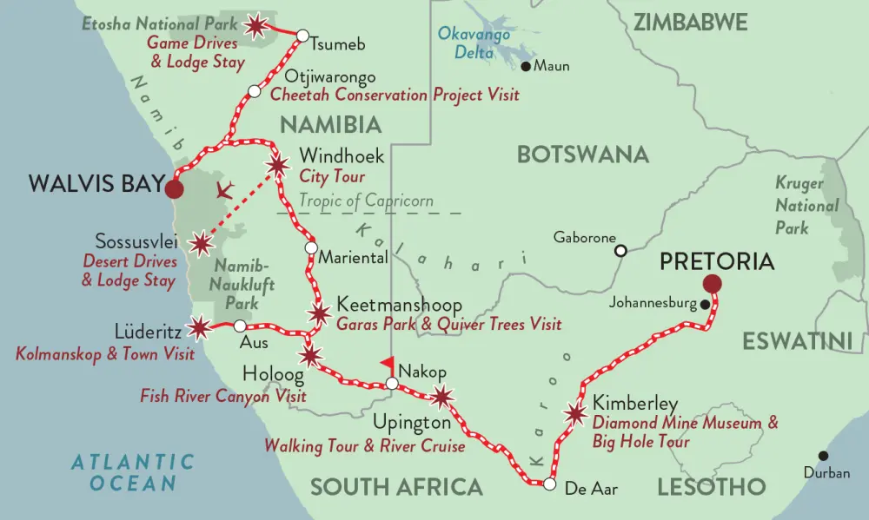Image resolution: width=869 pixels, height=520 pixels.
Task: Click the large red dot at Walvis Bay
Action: pos(175,188)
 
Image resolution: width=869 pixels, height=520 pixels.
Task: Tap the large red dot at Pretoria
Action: pos(713,283)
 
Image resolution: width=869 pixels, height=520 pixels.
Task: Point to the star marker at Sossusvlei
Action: pos(202,242)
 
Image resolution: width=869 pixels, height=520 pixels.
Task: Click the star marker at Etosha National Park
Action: pos(256,27)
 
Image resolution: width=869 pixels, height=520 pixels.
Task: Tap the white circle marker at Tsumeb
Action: pos(302,36)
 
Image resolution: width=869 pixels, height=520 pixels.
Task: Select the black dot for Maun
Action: pos(525,66)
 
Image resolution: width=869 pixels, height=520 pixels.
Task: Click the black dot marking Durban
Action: pos(823,456)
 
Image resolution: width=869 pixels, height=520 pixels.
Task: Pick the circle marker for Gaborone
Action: pos(620,251)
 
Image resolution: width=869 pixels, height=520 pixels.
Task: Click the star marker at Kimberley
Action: pos(574,414)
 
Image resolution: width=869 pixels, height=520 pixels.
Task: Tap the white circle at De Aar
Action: pos(549,484)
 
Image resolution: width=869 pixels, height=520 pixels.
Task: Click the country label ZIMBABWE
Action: pos(690,23)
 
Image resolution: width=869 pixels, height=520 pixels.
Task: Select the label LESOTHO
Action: pos(711,486)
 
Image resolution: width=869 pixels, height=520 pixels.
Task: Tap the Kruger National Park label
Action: pos(806,206)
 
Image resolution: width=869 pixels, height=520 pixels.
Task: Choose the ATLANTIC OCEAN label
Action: pos(133,472)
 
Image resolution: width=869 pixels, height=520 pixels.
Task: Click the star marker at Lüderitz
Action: pos(200,326)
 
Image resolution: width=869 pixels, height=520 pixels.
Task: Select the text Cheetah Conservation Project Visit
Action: pos(395,95)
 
